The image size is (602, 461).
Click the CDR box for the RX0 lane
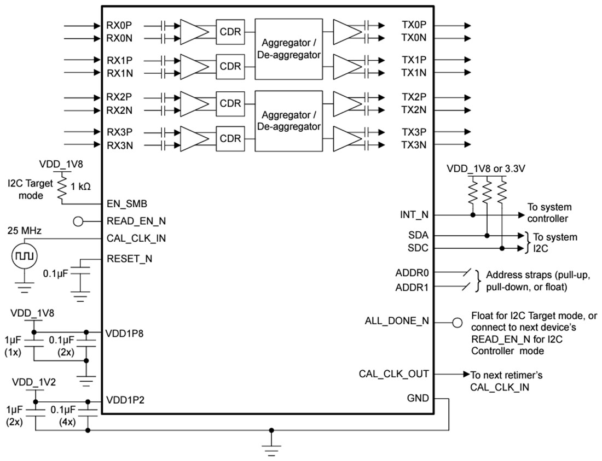[x=230, y=32]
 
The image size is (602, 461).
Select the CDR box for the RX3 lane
[x=230, y=138]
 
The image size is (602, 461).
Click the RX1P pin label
[x=119, y=60]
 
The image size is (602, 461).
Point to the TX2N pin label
[x=414, y=110]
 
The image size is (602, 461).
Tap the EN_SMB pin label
[x=127, y=204]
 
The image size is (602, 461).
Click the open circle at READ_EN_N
[x=78, y=221]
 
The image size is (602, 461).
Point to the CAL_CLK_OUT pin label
[x=393, y=374]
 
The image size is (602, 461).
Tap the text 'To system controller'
[x=549, y=213]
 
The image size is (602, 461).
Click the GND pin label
[x=418, y=398]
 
